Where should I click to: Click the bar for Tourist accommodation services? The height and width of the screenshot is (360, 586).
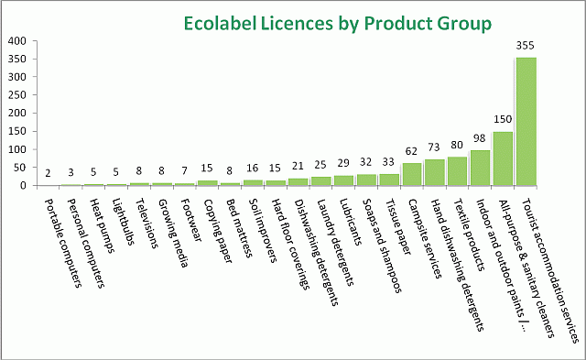point(526,121)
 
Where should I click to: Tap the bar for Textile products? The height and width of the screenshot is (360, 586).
point(457,171)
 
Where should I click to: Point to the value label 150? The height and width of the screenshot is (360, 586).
point(503,120)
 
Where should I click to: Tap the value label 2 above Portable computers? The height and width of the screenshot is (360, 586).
point(48,173)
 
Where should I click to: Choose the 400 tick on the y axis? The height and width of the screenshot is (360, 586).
point(16,41)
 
